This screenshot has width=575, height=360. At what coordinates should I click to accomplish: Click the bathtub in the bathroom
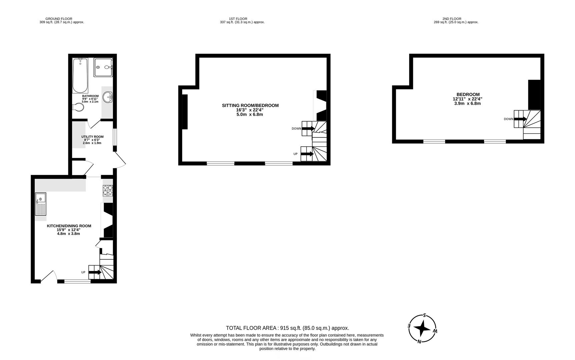click(80, 76)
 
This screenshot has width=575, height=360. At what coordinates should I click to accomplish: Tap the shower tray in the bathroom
click(103, 67)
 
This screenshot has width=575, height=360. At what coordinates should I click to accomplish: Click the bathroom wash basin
click(108, 98)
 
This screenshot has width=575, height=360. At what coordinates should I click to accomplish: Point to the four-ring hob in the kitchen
click(107, 190)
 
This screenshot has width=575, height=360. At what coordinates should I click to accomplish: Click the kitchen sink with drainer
click(41, 204)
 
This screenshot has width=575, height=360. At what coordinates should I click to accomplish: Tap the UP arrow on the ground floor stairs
click(95, 272)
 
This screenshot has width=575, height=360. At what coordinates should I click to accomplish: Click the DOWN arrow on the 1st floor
click(309, 129)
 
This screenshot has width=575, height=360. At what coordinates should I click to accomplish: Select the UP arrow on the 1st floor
click(307, 154)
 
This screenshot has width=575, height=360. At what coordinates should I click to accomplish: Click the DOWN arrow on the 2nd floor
click(520, 119)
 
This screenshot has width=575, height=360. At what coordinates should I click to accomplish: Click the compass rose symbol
click(422, 329)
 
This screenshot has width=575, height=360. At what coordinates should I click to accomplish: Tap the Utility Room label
click(92, 137)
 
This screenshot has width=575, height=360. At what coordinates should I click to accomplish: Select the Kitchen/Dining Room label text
click(69, 226)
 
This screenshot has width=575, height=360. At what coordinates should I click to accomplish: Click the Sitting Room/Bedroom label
click(250, 106)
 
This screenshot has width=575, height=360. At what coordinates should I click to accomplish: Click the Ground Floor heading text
click(59, 19)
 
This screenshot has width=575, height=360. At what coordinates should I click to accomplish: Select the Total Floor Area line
click(287, 328)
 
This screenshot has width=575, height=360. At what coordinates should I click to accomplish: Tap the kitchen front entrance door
click(48, 277)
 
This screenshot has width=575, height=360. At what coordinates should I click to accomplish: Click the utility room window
click(114, 137)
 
